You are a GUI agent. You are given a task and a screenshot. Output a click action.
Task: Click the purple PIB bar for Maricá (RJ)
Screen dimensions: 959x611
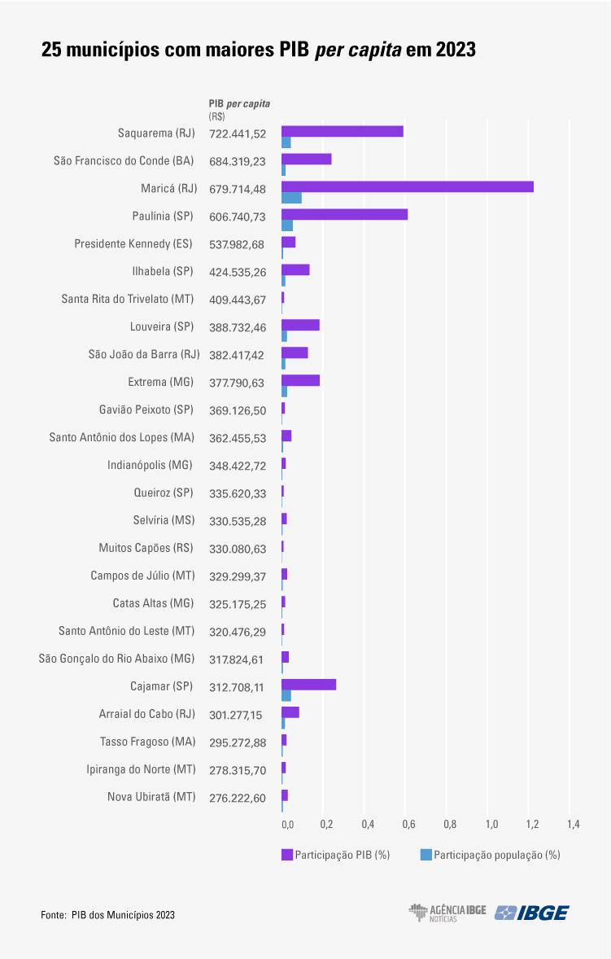(407, 186)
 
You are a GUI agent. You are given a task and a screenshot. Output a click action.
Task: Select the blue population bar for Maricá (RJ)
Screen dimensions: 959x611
(291, 198)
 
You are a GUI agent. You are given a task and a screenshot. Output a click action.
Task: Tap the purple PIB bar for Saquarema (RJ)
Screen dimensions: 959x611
(343, 131)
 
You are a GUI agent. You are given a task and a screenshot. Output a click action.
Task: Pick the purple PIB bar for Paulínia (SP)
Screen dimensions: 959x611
(344, 214)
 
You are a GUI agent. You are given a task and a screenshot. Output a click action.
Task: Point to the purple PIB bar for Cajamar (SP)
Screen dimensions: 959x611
(308, 685)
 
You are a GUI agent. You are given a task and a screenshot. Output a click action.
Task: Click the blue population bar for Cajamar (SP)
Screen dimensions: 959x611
(286, 695)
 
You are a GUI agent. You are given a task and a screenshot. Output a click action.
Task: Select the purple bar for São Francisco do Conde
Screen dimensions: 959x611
(306, 159)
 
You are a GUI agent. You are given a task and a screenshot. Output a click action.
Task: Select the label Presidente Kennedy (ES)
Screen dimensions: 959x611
(134, 243)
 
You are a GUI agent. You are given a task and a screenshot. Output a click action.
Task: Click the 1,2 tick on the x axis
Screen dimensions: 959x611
(532, 825)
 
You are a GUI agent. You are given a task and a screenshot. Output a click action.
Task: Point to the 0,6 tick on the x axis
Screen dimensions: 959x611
(408, 825)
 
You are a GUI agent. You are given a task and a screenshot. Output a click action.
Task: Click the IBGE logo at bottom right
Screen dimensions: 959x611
(532, 913)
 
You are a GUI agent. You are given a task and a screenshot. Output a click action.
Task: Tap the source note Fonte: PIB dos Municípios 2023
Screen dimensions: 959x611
(107, 915)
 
